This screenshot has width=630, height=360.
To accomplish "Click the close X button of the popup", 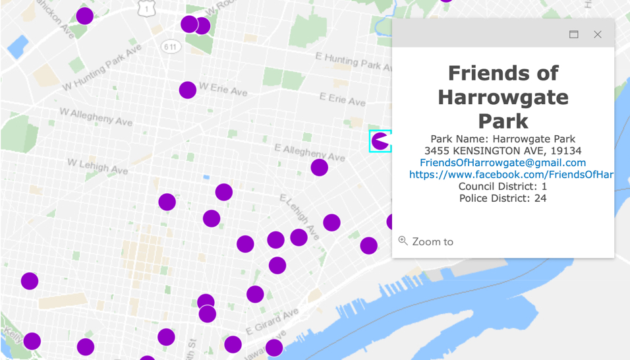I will tap(597, 34).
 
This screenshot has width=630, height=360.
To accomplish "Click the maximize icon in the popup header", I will tap(574, 34).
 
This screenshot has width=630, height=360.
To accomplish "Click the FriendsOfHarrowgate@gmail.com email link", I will tap(503, 163).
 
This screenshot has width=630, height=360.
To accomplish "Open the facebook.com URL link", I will tap(511, 175).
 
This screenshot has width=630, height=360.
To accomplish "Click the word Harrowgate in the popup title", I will tap(503, 97).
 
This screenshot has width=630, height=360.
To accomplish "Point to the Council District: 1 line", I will tap(503, 187).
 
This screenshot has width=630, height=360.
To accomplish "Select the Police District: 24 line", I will tap(503, 198).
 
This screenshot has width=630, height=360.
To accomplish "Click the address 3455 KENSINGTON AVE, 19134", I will tap(503, 151).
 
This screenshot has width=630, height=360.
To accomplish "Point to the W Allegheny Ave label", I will tap(96, 117).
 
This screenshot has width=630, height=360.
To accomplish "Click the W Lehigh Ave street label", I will tap(98, 166).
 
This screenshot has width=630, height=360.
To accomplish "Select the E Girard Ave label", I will tap(272, 320).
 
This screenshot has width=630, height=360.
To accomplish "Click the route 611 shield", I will tap(171, 47).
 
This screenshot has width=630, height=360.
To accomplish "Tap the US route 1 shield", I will tap(146, 9).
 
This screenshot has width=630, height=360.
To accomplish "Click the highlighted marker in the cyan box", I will tap(380, 141).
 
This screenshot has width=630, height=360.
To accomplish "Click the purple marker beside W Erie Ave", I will tap(188, 90).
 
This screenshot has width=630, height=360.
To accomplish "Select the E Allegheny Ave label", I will tap(309, 152).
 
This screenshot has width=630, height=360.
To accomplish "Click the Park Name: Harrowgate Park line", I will tap(503, 139).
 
